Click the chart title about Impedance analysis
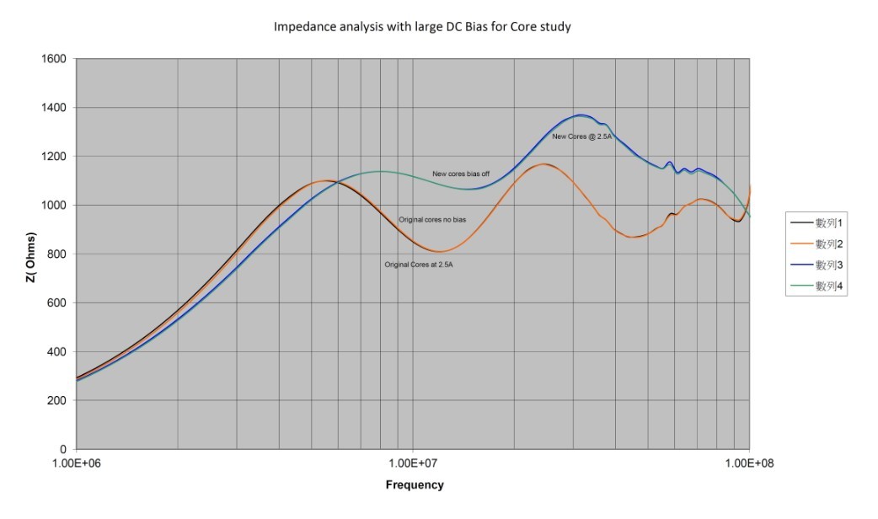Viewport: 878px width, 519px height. coord(422,26)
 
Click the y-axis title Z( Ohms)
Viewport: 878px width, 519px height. coord(31,254)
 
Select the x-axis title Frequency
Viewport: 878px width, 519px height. coord(415,484)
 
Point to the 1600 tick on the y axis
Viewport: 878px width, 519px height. coord(56,59)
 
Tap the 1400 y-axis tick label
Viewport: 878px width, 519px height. coord(56,108)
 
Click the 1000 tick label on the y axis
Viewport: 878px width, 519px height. coord(56,206)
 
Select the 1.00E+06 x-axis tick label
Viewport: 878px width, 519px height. coord(77,463)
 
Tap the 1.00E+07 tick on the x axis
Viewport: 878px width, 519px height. coord(413,463)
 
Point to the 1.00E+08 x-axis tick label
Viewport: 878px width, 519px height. coord(749,463)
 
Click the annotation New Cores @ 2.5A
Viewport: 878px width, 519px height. coord(581,136)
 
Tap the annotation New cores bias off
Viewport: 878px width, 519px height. coord(462,174)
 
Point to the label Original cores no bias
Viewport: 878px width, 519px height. coord(432,220)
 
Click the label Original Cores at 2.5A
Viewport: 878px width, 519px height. coord(419,265)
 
